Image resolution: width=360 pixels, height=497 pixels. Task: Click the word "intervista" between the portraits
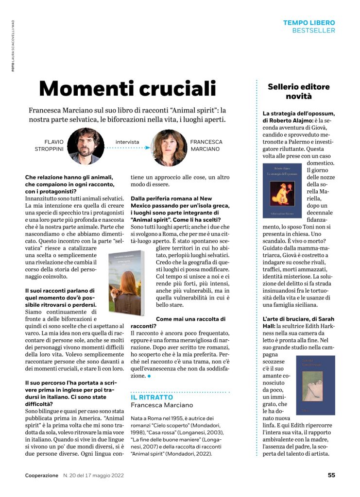tap(127, 142)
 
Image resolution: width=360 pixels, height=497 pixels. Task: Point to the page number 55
tap(331, 475)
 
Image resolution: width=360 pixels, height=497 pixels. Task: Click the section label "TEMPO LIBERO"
tap(309, 23)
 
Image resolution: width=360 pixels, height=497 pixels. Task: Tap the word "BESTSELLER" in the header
tap(313, 31)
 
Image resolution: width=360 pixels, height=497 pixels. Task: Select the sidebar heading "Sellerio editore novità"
tap(298, 91)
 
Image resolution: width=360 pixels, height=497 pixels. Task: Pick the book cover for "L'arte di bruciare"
tap(316, 385)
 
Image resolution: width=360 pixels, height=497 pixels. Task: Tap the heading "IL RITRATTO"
tap(146, 397)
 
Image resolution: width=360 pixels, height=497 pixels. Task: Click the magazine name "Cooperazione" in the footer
tap(42, 476)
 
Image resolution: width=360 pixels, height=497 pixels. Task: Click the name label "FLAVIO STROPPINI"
tap(51, 146)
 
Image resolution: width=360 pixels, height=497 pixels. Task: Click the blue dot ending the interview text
tap(150, 376)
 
